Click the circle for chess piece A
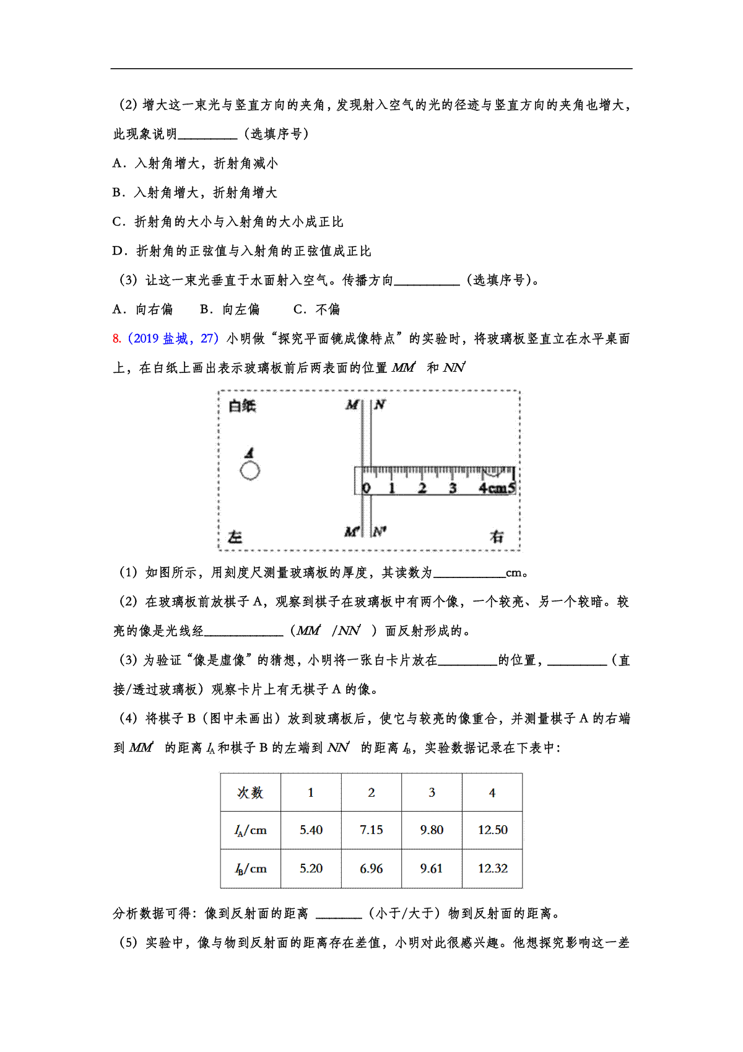[250, 471]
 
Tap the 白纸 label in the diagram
[242, 406]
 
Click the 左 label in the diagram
[235, 537]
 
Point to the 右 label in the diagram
[497, 537]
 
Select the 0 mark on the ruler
[366, 488]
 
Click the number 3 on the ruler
[453, 488]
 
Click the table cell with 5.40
[311, 830]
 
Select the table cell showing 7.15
[371, 830]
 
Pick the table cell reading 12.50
[492, 830]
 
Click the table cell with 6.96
[371, 869]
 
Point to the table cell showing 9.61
[431, 869]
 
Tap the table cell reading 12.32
[492, 869]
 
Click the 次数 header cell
[250, 792]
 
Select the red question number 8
[116, 339]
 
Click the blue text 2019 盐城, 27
[173, 339]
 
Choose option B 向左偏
[230, 310]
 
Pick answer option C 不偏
[316, 310]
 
